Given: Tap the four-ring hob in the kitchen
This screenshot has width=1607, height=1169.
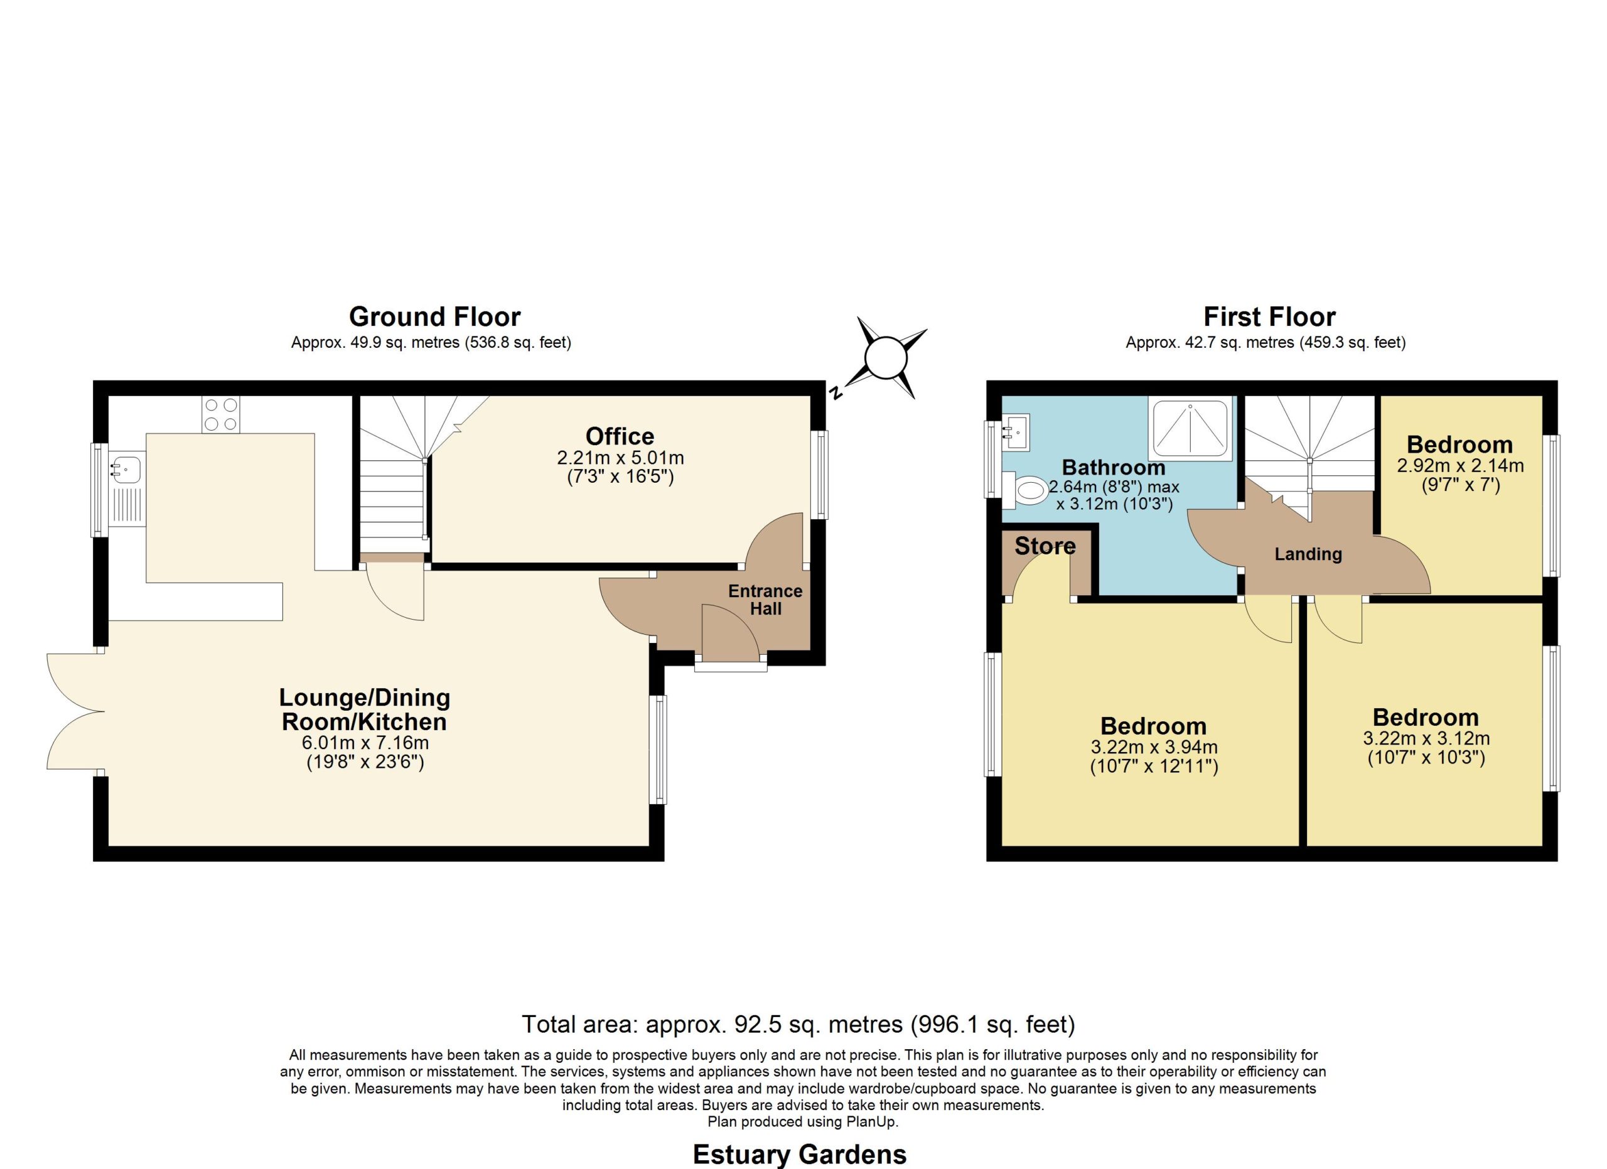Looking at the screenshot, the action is coord(220,414).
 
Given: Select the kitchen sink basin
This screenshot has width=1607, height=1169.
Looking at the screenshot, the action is coord(126,469).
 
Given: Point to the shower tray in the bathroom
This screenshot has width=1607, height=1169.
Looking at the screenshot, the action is coord(1190,429).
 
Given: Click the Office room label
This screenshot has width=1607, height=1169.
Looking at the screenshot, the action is coord(620,436).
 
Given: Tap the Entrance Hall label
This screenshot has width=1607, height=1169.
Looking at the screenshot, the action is coord(765,600).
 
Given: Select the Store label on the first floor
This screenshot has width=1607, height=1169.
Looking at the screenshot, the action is coord(1045,546).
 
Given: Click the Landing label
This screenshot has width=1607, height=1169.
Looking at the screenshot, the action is coord(1308,554).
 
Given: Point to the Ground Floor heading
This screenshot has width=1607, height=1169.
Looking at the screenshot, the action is coord(434,316).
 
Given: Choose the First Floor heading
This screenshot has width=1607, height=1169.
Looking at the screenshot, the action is coord(1270,316).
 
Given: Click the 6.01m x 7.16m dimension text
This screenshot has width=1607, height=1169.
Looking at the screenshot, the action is coord(365,743).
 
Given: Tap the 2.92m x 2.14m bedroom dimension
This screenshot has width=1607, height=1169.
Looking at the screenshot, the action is coord(1460,466).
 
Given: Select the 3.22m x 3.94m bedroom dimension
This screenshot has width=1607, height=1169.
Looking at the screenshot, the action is coord(1154,748).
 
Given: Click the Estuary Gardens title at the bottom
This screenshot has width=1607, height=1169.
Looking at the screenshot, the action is coord(799,1154).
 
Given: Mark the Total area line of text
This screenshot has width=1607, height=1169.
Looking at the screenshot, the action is coord(798,1024).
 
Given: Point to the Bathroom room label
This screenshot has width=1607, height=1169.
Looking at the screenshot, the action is coord(1113,468).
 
